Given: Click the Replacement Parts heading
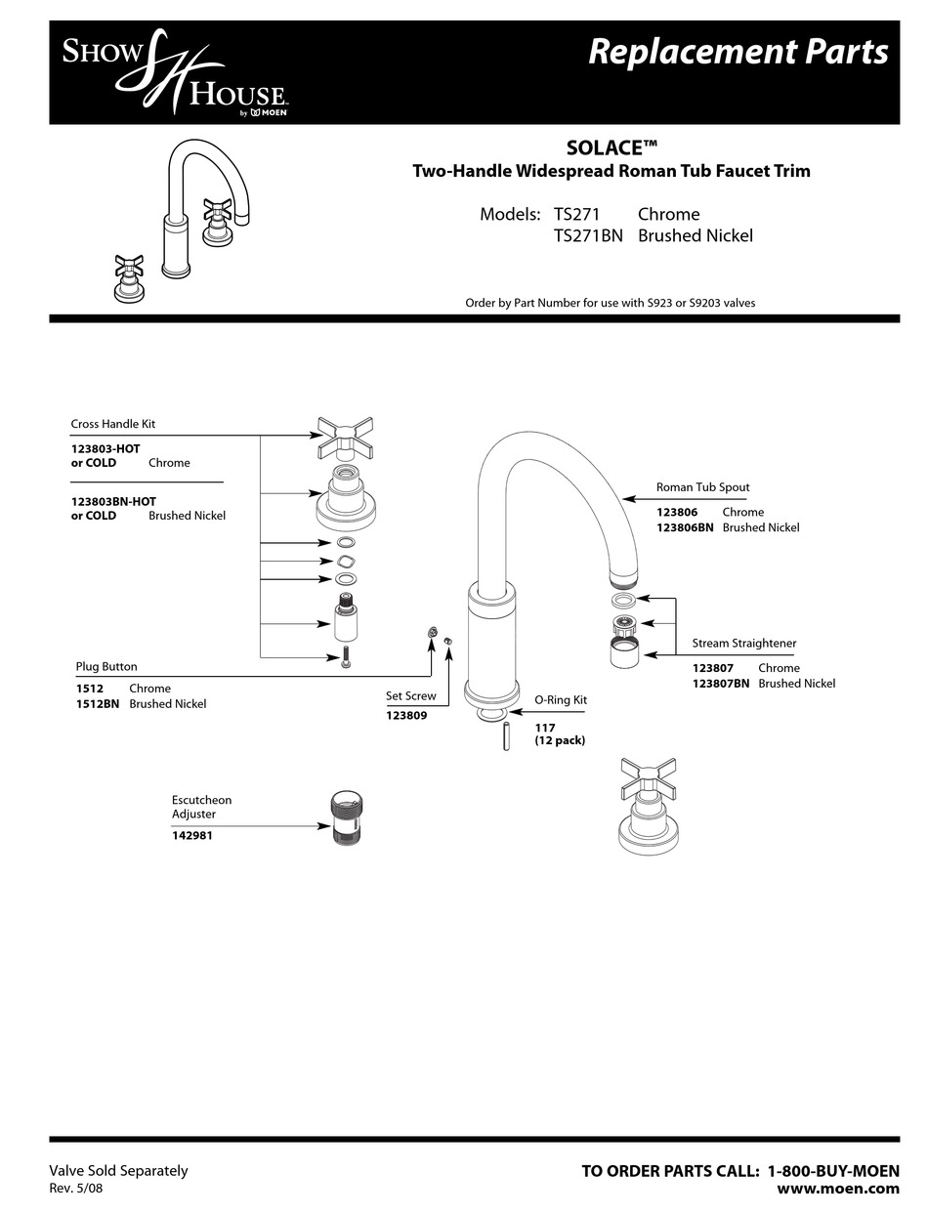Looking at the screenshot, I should (x=738, y=51).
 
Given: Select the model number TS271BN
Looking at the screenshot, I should (x=588, y=235).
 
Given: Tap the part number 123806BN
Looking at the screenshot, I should (x=685, y=527).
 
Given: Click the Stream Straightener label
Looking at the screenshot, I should (x=744, y=644).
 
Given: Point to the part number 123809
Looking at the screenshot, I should (x=406, y=716).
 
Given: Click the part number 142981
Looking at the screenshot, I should (x=192, y=836).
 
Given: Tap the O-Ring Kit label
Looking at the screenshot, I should (x=561, y=700).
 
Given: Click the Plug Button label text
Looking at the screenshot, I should (x=106, y=667).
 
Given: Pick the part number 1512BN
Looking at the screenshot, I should (x=98, y=704).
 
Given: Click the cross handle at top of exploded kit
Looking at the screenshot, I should (x=345, y=436).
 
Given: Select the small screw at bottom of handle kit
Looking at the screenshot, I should (x=345, y=659).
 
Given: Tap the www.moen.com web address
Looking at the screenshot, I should (x=837, y=1189).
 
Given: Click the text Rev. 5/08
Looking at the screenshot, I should (x=75, y=1189).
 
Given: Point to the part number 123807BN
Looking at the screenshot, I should (x=721, y=684).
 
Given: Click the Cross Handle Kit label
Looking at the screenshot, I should (x=112, y=425).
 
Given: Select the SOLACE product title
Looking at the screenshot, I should (x=612, y=148).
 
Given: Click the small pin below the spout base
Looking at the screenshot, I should (x=506, y=735).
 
